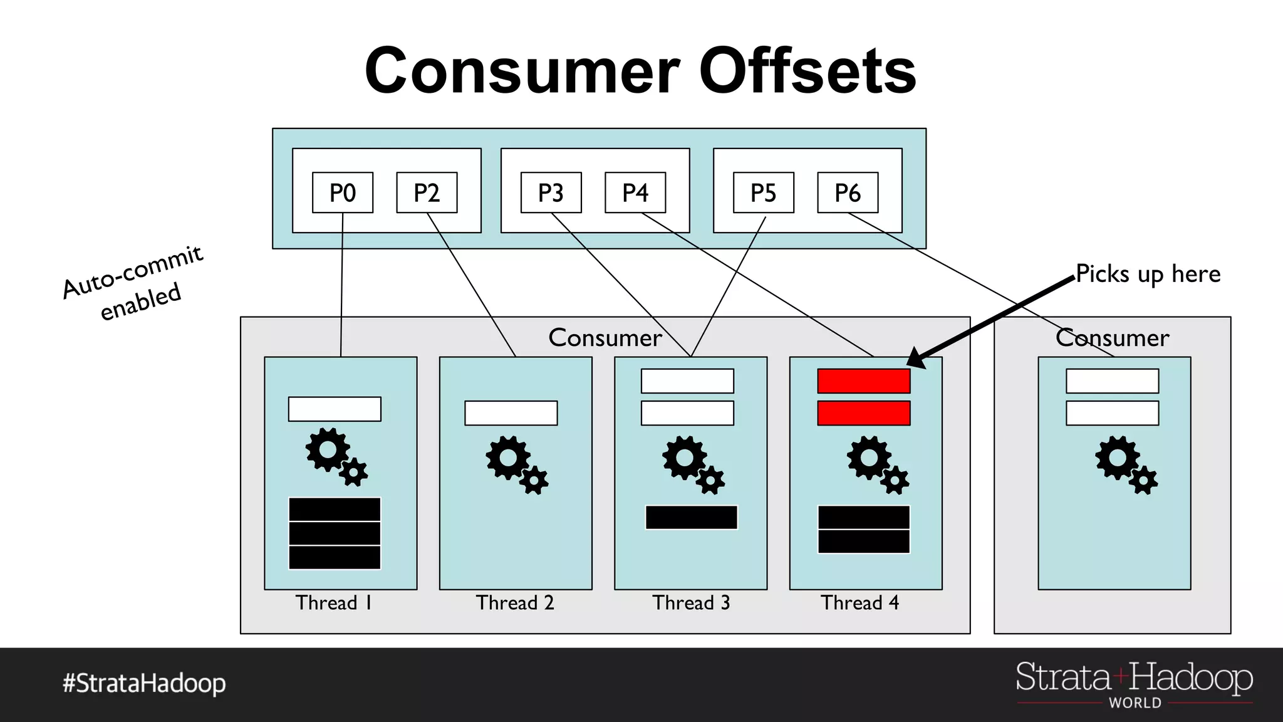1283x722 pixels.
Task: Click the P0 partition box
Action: click(343, 192)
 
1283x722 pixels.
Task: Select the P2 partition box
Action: click(427, 192)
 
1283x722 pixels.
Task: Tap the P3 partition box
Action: click(551, 192)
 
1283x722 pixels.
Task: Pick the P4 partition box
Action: click(635, 192)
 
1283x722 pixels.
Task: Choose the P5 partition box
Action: click(764, 192)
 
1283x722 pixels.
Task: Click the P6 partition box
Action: click(848, 192)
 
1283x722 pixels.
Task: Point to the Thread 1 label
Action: click(334, 603)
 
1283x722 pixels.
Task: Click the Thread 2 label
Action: click(515, 603)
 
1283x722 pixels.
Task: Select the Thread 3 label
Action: click(691, 603)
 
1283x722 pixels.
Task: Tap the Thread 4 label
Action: click(860, 603)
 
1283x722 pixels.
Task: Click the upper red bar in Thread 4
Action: click(864, 381)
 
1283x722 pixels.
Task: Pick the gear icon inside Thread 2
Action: click(516, 464)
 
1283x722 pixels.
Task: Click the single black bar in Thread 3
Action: click(692, 518)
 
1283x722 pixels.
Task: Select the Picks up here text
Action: click(1148, 275)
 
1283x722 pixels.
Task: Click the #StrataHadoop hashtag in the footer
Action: click(144, 683)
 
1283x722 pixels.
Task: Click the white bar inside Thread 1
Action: click(335, 409)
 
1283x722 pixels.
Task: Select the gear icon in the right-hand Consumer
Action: click(1125, 464)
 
